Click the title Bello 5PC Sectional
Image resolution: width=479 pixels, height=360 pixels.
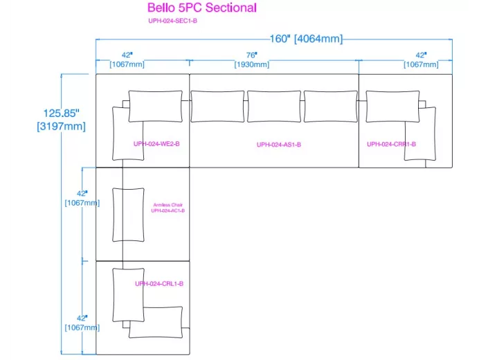[x=201, y=8]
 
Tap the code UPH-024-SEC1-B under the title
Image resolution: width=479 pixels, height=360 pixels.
[x=173, y=21]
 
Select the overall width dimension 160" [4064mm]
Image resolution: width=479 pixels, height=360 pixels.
[x=306, y=39]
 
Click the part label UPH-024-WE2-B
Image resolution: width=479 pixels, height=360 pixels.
[x=156, y=144]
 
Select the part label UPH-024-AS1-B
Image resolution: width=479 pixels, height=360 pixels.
[x=279, y=145]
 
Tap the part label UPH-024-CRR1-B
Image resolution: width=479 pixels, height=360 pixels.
[x=391, y=144]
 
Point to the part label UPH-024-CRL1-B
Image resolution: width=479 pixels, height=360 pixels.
[x=159, y=283]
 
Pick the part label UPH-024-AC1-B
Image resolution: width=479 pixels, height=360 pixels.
[x=168, y=210]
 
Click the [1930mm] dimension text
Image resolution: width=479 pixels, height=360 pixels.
[x=251, y=64]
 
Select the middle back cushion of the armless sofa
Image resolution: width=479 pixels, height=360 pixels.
[x=274, y=106]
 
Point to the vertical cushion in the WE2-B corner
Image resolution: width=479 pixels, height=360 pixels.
[x=128, y=133]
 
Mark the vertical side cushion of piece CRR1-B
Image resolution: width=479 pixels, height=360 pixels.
[x=421, y=134]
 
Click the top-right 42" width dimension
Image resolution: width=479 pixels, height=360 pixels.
[x=421, y=55]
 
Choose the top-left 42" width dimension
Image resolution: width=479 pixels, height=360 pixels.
[x=127, y=55]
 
